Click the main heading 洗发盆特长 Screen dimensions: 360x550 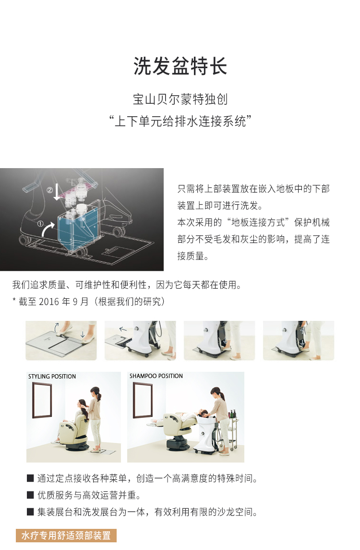click(x=180, y=66)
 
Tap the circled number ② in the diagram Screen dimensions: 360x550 click(x=50, y=190)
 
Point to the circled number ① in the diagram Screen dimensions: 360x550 click(x=41, y=223)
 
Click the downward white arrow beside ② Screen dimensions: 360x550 click(x=57, y=192)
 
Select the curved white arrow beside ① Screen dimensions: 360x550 click(x=47, y=230)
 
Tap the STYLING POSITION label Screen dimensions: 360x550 click(x=52, y=377)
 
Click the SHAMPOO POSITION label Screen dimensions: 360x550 click(x=156, y=376)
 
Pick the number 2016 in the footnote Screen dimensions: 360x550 click(x=49, y=302)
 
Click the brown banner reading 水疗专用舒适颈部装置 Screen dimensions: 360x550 click(x=66, y=536)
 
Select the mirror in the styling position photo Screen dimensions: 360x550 click(x=42, y=400)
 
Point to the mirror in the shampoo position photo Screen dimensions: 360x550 click(x=143, y=400)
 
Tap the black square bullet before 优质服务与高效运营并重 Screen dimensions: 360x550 click(x=31, y=495)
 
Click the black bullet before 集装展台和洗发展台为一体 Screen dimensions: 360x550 click(x=31, y=512)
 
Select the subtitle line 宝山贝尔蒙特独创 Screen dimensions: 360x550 click(x=180, y=99)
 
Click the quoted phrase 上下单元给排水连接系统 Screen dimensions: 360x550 click(x=180, y=122)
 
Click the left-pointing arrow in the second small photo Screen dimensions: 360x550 click(x=123, y=329)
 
